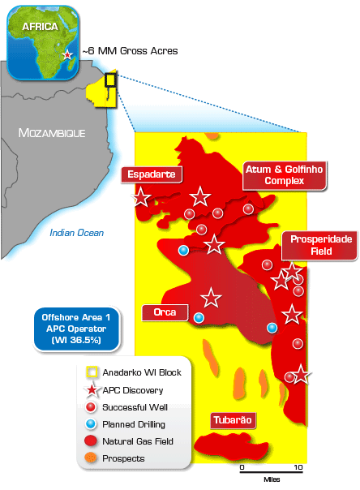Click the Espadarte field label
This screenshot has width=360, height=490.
(152, 174)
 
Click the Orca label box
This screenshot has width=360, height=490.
(165, 312)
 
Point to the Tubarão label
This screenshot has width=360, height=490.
(234, 420)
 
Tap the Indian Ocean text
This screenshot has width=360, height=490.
(76, 233)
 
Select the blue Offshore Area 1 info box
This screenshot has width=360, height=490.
(76, 329)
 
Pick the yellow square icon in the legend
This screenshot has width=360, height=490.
(93, 372)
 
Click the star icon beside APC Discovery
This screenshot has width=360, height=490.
(93, 389)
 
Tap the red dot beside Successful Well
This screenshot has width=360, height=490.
(93, 407)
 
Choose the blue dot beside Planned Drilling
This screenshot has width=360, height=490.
(93, 424)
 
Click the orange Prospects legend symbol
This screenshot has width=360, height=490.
(92, 458)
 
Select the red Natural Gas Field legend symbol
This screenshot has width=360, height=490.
(93, 441)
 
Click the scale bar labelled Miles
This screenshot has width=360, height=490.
(271, 469)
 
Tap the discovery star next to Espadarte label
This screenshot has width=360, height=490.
(142, 196)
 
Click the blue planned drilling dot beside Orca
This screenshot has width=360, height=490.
(199, 318)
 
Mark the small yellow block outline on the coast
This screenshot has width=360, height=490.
(110, 80)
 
